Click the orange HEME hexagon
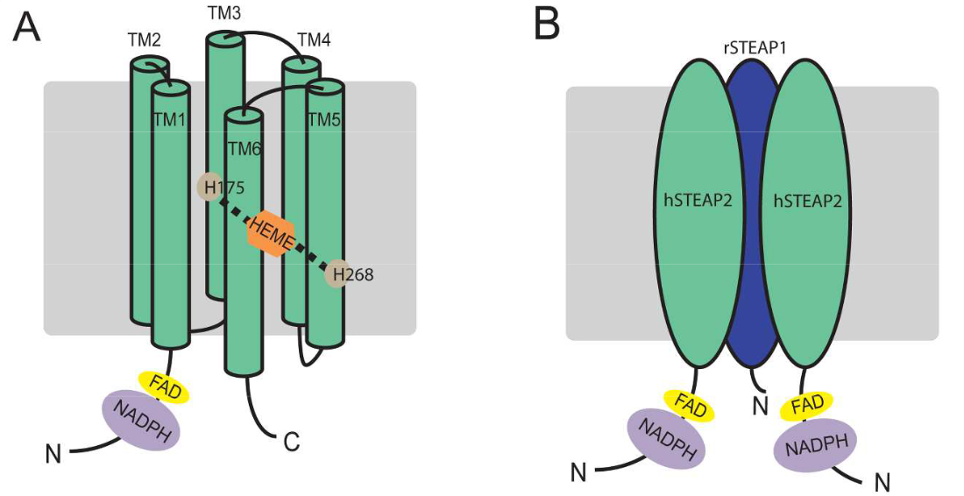pos(270,232)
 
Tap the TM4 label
pos(314,40)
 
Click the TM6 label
pos(245,149)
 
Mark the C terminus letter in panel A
pos(291,443)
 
